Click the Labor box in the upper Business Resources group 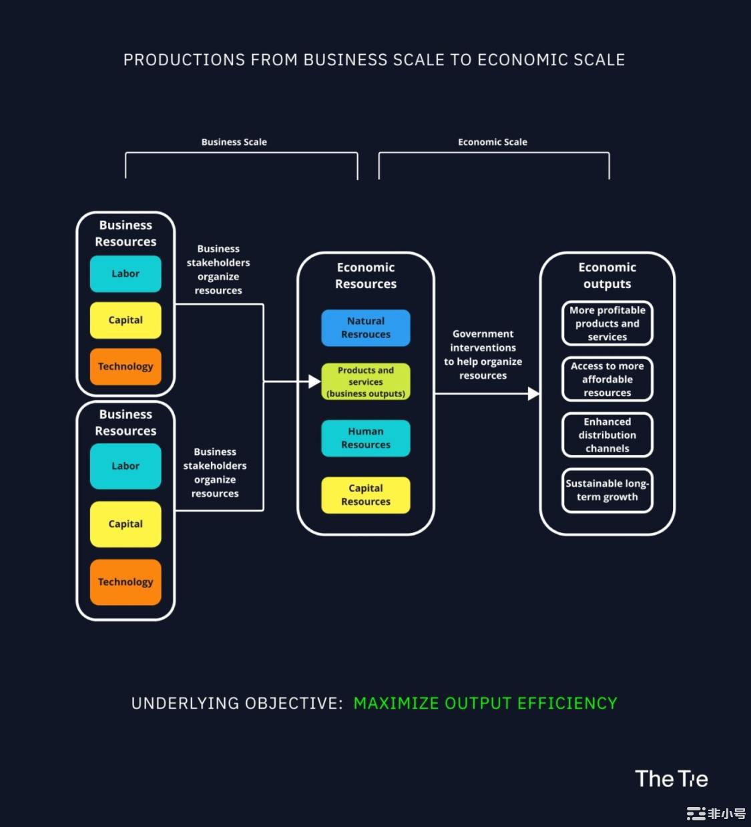pos(126,274)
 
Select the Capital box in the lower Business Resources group pos(126,524)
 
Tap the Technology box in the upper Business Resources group pos(126,367)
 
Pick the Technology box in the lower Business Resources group pos(126,582)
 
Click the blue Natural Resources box pos(366,328)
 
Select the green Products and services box pos(366,381)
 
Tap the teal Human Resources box pos(366,438)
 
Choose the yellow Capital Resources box pos(366,495)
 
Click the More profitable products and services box pos(607,323)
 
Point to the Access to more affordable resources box pos(607,379)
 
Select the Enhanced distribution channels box pos(607,435)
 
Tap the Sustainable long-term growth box pos(607,490)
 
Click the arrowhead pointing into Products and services pos(314,381)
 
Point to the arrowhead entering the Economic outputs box pos(533,393)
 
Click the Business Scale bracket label pos(234,142)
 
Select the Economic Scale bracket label pos(493,142)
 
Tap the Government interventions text pos(483,355)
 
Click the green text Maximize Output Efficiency pos(485,704)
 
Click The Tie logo pos(671,779)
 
